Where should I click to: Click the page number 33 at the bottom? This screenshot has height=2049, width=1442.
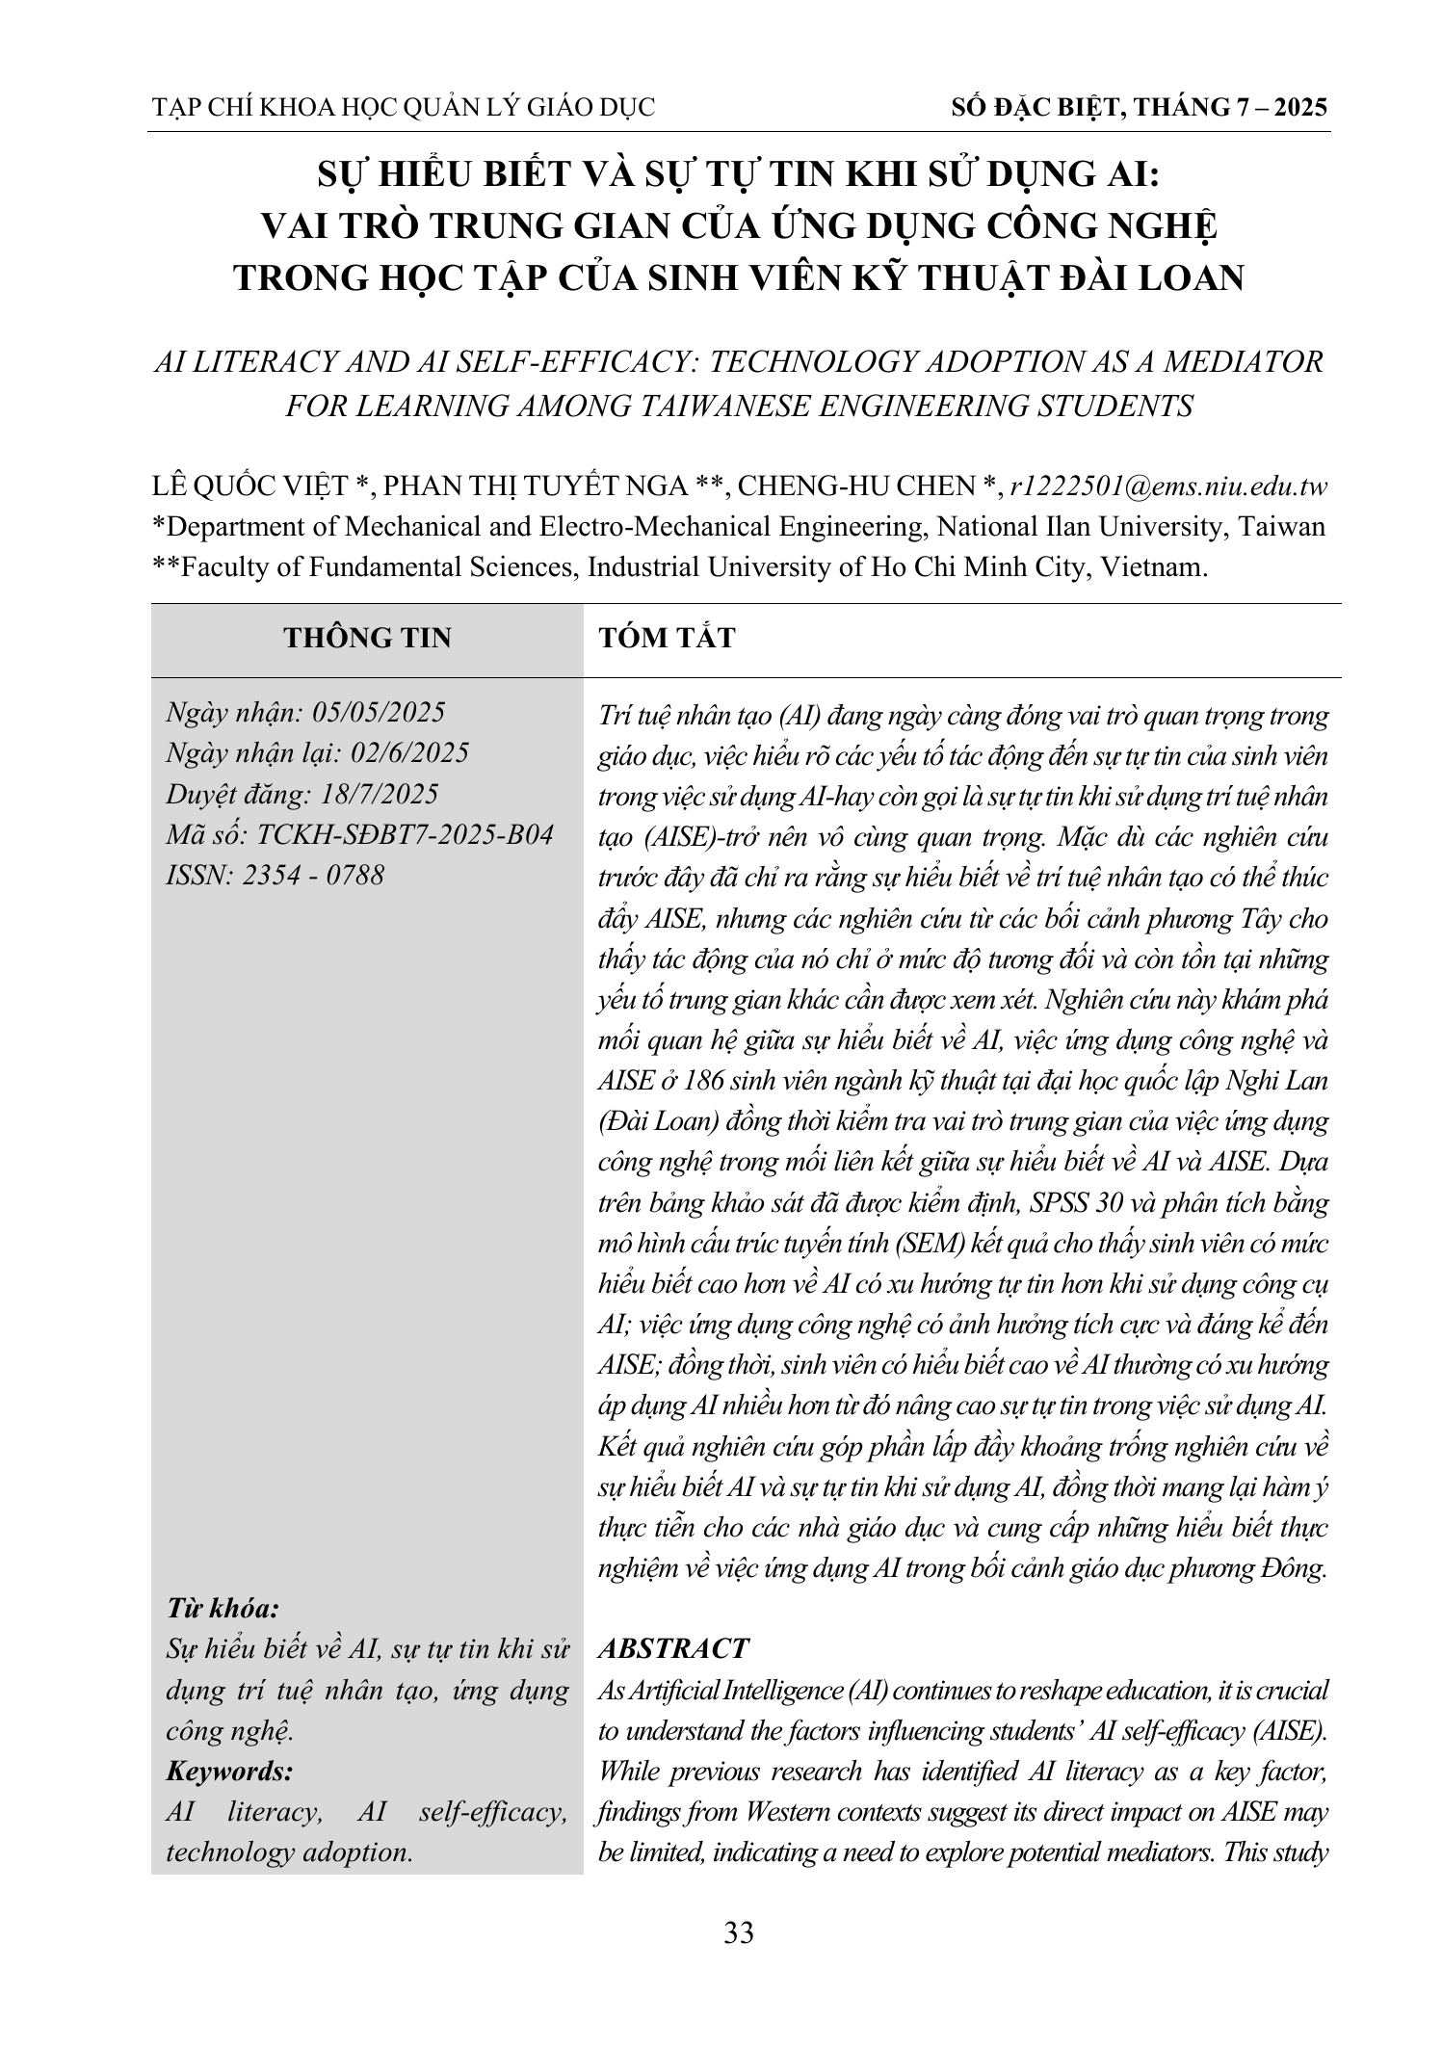click(x=739, y=1933)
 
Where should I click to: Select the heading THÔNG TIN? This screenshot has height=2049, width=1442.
click(x=367, y=638)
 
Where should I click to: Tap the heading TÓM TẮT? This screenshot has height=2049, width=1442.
click(x=667, y=638)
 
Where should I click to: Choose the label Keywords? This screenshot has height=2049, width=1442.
click(x=229, y=1771)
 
